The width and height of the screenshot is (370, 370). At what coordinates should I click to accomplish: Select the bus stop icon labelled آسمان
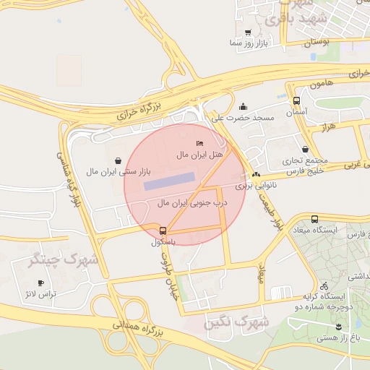pos(296,100)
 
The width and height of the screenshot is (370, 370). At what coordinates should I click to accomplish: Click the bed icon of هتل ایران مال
pos(200,143)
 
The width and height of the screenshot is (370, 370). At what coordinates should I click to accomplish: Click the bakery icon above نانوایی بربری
pos(256,175)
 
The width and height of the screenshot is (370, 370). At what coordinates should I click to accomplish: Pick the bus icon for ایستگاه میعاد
pos(314,219)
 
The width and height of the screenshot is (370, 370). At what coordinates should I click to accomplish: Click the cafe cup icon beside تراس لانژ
pos(41,283)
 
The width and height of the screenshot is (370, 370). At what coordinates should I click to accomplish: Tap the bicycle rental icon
pos(324,285)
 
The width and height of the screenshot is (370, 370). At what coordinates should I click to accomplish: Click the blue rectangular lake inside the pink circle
pos(169,181)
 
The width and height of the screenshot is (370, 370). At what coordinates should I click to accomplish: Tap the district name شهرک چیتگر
pos(52,258)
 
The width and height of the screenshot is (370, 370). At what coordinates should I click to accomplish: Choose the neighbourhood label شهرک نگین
pos(236,321)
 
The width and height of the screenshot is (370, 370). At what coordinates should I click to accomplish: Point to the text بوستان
pos(316,43)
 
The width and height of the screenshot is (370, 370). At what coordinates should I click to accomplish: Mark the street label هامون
pos(322,84)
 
